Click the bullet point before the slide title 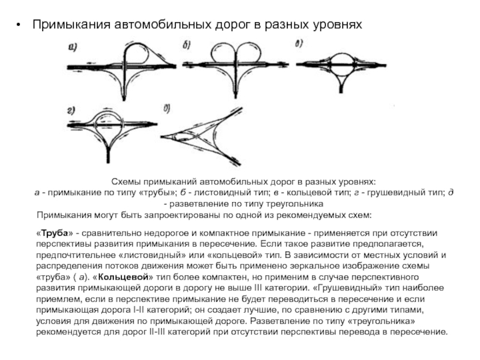[19, 25]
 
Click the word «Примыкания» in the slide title [71, 25]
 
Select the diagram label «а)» [72, 47]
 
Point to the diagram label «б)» [187, 46]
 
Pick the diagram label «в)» [299, 43]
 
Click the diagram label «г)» [71, 110]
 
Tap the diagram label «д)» [167, 109]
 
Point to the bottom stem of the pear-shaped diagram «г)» [108, 155]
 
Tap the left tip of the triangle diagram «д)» [161, 137]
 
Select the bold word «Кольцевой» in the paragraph [125, 277]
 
